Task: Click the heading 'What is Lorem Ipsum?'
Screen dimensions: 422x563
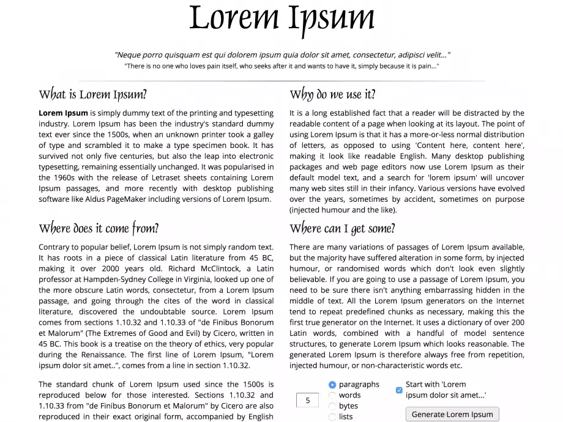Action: point(92,95)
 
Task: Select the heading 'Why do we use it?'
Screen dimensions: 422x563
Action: point(332,94)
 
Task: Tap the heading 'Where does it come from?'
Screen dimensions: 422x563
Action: point(99,229)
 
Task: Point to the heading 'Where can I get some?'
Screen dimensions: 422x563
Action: point(342,229)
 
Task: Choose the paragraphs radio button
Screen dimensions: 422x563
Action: point(332,385)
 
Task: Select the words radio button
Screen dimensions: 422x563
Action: point(332,395)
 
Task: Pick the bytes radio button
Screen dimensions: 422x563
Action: point(332,406)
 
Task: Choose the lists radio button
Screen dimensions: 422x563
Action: point(332,416)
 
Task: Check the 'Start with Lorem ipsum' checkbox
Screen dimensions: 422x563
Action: point(399,390)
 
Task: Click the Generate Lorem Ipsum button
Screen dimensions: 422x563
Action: point(452,414)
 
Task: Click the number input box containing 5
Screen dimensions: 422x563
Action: point(308,401)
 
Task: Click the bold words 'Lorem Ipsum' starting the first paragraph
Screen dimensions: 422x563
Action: point(63,113)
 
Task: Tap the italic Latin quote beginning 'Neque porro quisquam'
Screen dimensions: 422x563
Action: point(282,54)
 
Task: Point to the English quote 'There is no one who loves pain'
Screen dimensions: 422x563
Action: point(281,66)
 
